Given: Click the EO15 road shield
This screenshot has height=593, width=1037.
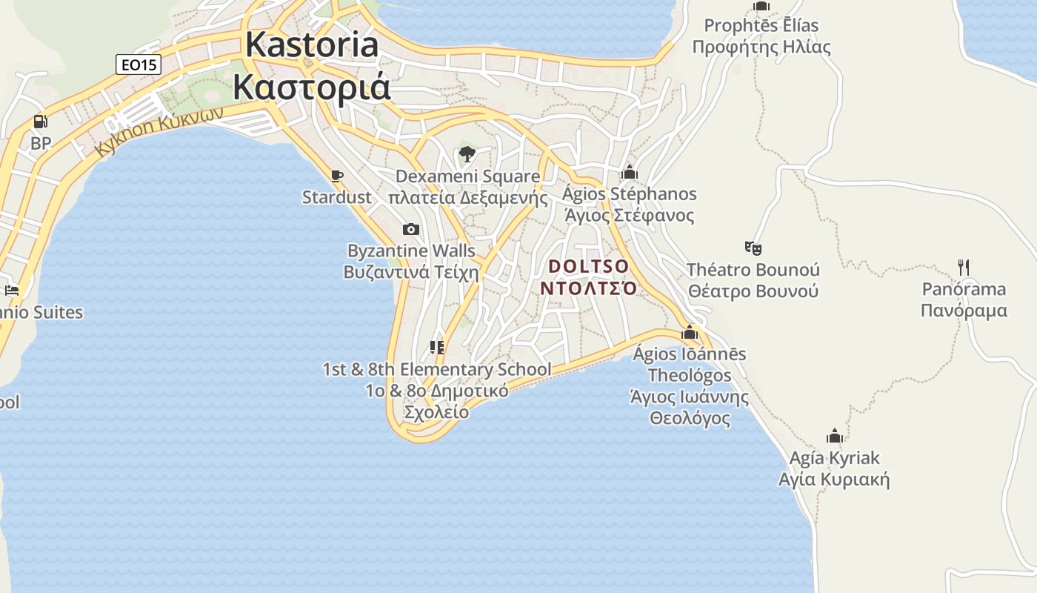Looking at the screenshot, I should (139, 64).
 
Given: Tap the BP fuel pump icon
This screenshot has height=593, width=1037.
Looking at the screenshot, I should (40, 122).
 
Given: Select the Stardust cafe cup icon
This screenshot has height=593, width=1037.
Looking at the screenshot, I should (337, 176).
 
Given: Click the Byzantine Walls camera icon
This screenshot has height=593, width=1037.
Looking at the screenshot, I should (411, 230).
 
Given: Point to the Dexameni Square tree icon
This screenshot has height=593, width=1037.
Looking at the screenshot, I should (467, 154).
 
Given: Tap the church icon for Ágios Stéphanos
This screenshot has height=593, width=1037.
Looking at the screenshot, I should (630, 173).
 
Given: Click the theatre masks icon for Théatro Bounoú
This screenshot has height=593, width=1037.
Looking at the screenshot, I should (753, 248).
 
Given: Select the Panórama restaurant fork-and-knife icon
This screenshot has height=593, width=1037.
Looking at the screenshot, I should (964, 267).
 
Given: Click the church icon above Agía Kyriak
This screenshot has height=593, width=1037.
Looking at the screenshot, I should (835, 436).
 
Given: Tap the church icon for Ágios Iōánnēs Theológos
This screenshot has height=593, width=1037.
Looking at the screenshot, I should (690, 332).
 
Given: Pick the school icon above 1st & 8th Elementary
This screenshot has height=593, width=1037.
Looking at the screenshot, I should (437, 347).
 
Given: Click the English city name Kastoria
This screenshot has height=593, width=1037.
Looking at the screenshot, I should (312, 44).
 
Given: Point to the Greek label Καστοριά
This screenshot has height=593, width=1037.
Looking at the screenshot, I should (312, 86).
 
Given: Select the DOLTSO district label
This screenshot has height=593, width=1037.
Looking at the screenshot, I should (589, 266).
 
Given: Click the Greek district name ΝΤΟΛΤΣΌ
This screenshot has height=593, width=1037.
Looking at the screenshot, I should (588, 288).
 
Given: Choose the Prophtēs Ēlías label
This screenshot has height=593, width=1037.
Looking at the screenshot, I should (761, 26).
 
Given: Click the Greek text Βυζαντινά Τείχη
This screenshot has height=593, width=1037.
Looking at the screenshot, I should (411, 272).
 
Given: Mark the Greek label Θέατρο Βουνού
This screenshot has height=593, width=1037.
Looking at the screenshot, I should (753, 291).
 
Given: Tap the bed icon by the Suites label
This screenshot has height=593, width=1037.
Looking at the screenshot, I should (11, 290).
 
